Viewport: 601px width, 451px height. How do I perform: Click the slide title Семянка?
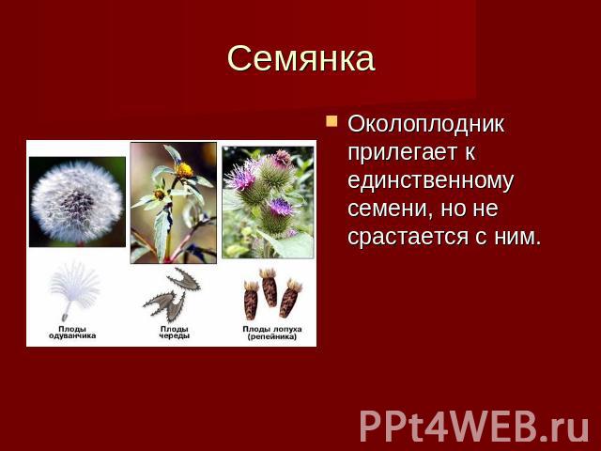pos(300,58)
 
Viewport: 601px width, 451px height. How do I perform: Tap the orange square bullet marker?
pos(331,121)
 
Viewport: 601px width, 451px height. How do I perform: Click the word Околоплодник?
pos(425,125)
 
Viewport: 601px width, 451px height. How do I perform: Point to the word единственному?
pos(430,180)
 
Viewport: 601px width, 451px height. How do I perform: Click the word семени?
pos(390,209)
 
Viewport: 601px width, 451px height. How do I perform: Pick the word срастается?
pos(409,237)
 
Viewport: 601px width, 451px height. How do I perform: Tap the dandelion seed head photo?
pos(77,202)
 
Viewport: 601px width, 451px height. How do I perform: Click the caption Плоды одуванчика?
pos(72,333)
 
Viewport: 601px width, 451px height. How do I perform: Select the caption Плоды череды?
pos(175,333)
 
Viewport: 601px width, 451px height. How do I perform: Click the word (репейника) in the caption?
pos(272,336)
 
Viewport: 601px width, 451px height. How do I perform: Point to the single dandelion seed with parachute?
pos(74,290)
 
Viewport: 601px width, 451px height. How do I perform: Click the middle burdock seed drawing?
pos(270,288)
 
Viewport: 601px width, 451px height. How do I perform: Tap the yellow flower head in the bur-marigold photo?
pos(184,170)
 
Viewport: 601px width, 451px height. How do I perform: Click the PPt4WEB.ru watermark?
pos(473,425)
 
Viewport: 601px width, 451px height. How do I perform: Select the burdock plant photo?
pos(268,202)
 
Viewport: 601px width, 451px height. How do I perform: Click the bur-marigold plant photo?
pos(173,203)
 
